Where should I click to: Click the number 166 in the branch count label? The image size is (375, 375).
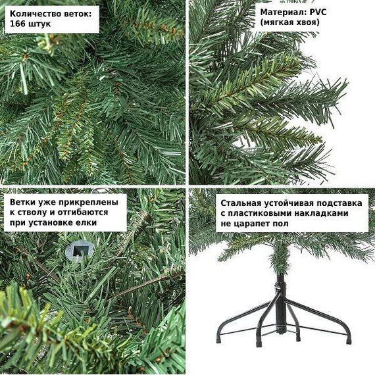(18, 24)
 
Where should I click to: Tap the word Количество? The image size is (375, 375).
(36, 14)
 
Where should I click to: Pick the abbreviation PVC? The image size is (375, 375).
(318, 12)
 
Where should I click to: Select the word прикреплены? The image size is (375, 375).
(89, 203)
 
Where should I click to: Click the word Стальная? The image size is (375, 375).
(241, 203)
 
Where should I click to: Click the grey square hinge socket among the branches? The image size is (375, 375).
(79, 251)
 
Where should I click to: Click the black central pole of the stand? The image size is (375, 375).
(280, 303)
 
